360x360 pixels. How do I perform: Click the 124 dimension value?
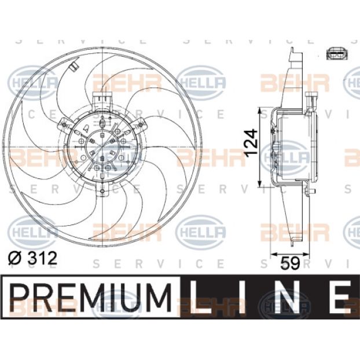pos(251,144)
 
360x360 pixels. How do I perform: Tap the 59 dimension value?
pos(290,263)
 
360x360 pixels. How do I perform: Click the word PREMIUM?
pos(91,297)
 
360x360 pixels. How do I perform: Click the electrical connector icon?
pos(337,54)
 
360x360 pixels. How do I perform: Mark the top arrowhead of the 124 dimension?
pos(260,111)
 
